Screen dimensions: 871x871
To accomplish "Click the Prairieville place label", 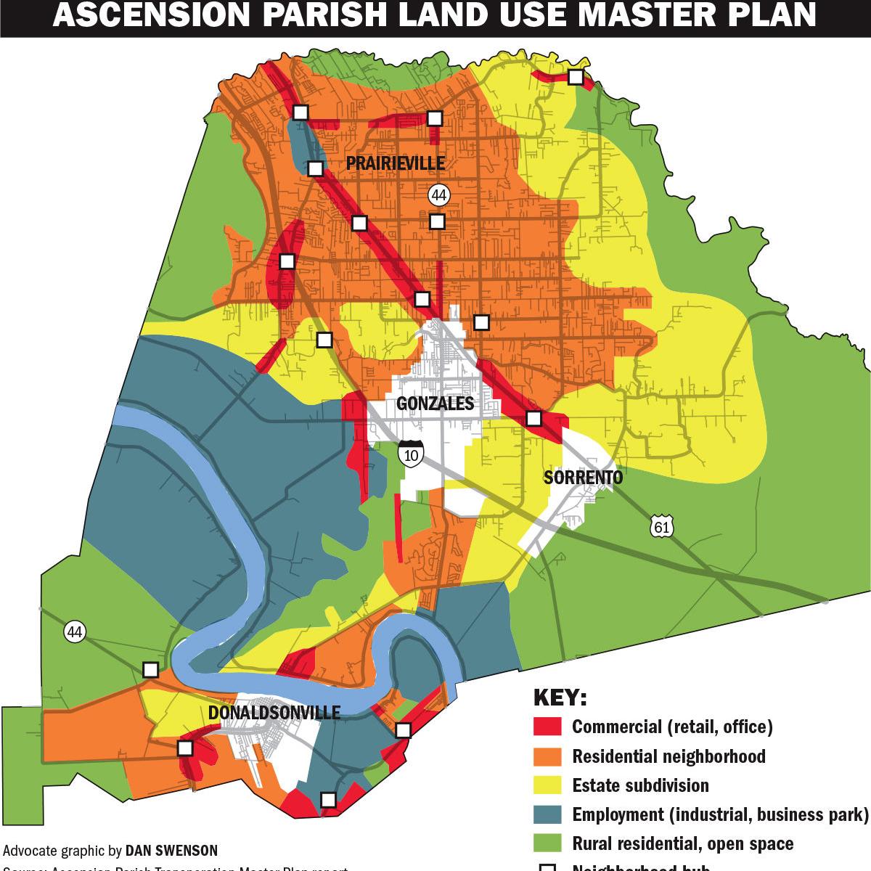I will [x=396, y=163].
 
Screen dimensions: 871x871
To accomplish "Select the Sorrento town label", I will [x=583, y=477].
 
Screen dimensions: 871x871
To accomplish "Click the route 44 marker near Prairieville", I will [x=438, y=195].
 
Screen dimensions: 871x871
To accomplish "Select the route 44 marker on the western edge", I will [x=74, y=631].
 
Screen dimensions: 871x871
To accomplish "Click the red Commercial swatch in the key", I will [x=547, y=727].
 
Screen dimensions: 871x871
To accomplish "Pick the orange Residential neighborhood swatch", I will [x=547, y=756].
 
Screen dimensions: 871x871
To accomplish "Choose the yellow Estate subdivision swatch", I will [x=547, y=785].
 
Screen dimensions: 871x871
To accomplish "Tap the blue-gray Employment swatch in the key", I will [x=547, y=814].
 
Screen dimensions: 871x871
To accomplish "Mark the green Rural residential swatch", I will [x=547, y=843].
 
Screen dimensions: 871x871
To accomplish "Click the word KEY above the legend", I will [x=560, y=698].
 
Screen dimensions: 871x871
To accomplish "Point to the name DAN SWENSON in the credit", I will [x=171, y=850].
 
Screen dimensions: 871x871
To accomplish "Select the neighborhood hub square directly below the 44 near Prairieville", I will [x=436, y=221].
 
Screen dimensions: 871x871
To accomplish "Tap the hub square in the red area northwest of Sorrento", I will [x=533, y=418].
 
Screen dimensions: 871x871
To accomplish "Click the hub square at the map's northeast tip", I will [x=575, y=77].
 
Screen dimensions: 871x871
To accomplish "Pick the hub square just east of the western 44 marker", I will [x=150, y=668].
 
